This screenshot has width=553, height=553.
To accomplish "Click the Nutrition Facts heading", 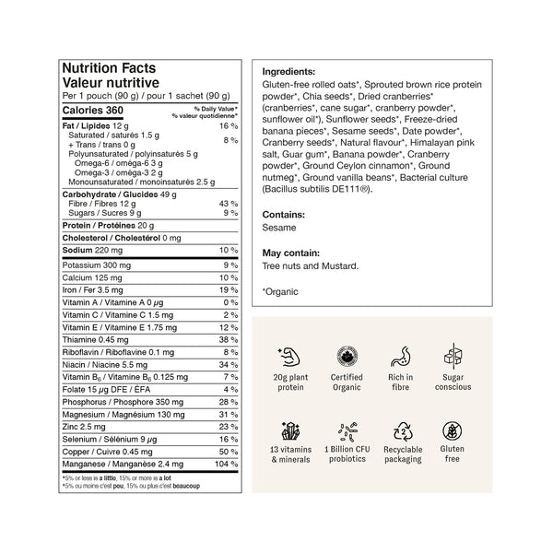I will [x=108, y=68].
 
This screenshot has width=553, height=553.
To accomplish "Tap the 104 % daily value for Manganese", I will [x=226, y=465].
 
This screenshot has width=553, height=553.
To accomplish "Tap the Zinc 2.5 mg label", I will [x=81, y=427].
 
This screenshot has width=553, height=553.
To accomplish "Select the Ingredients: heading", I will [x=288, y=71].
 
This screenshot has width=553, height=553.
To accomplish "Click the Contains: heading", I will [x=282, y=212].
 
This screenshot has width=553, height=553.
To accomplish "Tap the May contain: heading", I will [x=290, y=253].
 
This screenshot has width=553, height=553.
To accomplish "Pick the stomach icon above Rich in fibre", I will [x=401, y=355].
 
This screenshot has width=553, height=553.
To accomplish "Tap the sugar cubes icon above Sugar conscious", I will [x=454, y=355].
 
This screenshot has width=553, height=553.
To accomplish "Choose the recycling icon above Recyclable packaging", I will [x=401, y=431].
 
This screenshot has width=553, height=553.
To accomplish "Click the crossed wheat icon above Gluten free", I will [x=454, y=431].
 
